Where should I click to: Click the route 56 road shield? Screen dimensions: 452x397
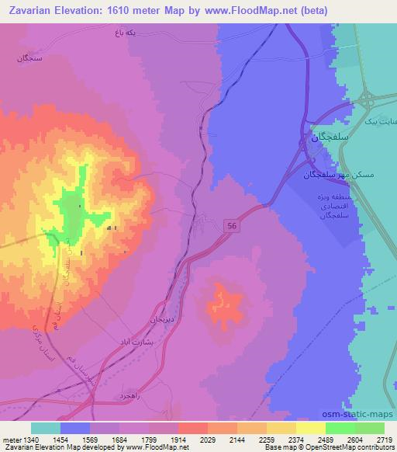[x=232, y=224]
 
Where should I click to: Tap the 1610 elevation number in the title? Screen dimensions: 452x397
[x=128, y=11]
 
